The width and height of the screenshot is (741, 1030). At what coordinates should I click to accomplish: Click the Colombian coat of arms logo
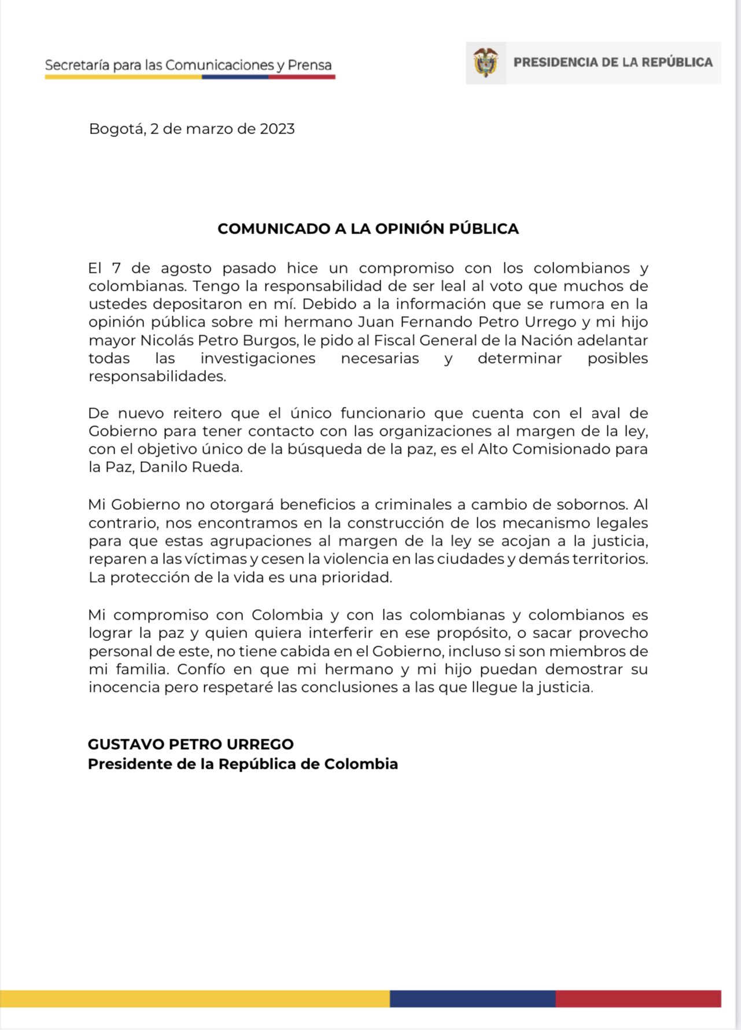(485, 62)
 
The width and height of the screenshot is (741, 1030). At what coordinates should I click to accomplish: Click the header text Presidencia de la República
(613, 62)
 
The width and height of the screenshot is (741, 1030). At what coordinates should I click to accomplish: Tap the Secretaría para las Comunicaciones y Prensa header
(189, 65)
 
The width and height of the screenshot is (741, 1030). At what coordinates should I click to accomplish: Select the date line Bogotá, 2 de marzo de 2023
(192, 129)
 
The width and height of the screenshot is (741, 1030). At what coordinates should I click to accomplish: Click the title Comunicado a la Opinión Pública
(368, 229)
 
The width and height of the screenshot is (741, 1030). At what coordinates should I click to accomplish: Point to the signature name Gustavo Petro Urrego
(191, 744)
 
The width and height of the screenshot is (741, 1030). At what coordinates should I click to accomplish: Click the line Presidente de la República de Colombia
(243, 764)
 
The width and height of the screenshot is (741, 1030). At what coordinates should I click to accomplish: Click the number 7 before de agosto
(116, 268)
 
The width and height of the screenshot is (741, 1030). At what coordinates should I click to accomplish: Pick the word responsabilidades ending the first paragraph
(157, 376)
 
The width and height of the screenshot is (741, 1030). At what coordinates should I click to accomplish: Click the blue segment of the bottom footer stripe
(473, 998)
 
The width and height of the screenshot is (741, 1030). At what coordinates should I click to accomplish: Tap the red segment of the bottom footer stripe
(638, 998)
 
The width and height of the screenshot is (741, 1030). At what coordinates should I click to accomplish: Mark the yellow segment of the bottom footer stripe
(194, 998)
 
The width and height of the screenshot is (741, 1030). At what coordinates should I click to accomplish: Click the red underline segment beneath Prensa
(301, 77)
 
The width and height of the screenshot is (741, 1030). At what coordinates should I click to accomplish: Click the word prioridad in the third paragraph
(360, 577)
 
